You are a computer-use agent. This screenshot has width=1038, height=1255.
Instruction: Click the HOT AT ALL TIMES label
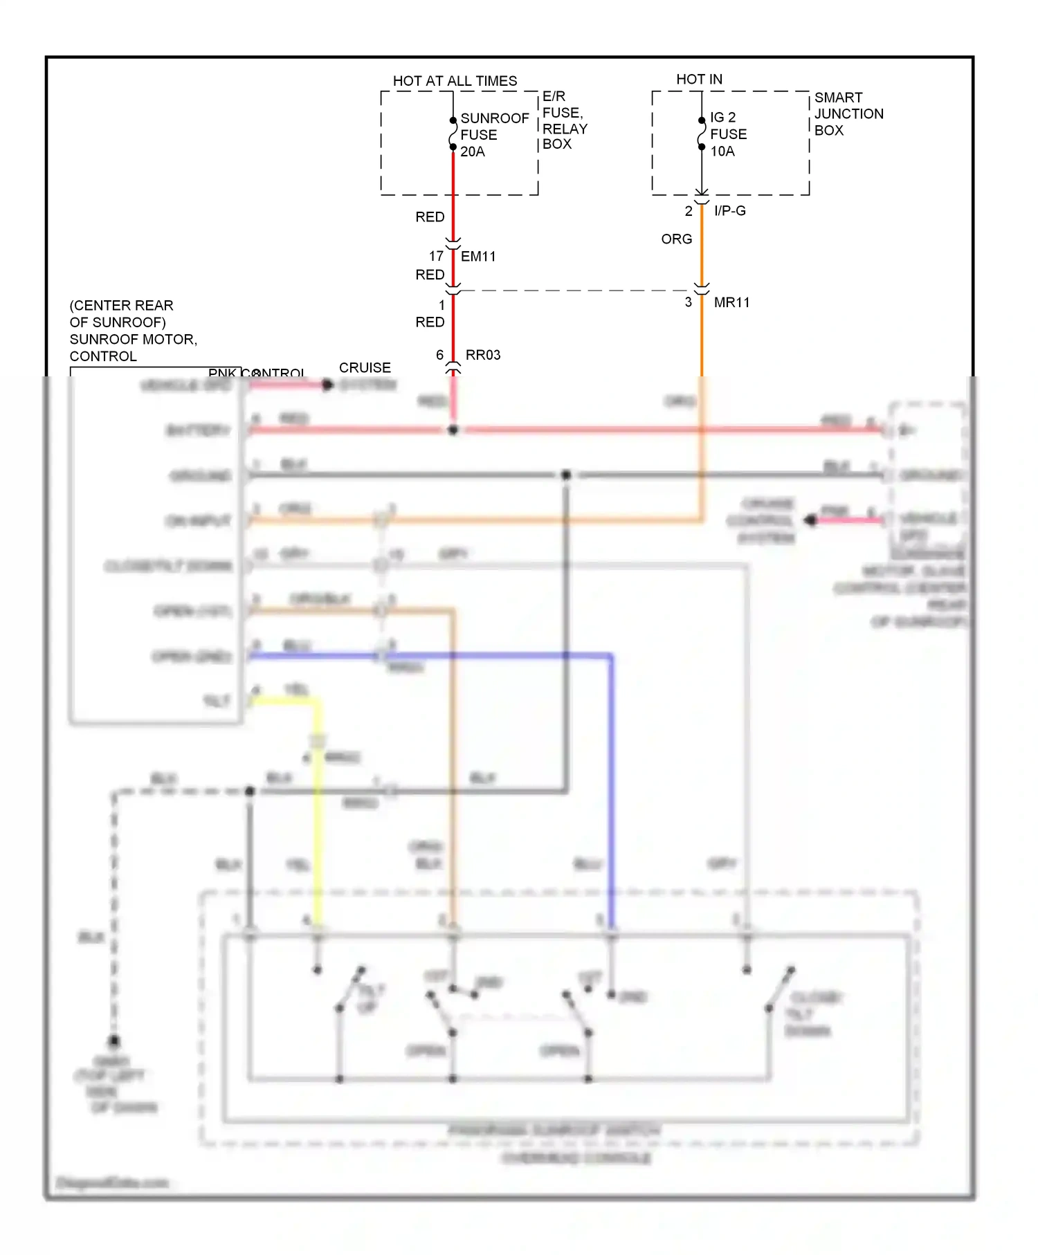455,81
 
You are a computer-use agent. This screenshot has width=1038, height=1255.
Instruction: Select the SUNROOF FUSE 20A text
494,135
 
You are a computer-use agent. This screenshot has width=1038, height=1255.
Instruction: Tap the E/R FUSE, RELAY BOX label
564,120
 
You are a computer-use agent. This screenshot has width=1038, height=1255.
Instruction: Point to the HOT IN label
699,80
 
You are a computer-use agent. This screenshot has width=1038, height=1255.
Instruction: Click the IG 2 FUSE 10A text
728,134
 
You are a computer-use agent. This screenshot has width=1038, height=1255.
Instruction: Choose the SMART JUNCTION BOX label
848,114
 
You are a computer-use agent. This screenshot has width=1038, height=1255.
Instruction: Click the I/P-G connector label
730,211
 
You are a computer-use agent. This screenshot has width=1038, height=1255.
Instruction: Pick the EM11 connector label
478,257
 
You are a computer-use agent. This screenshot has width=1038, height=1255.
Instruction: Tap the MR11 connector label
731,302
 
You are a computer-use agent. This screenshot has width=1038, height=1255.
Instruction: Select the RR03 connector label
483,355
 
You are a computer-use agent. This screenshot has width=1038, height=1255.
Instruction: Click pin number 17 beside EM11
436,256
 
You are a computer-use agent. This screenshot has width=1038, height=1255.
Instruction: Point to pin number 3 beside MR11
688,302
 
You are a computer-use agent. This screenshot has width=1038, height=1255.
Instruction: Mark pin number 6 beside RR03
439,355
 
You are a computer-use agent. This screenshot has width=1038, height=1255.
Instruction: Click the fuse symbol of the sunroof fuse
453,134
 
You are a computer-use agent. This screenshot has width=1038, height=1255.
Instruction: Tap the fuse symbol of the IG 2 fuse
701,133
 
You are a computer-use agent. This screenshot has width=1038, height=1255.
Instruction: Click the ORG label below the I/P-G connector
676,239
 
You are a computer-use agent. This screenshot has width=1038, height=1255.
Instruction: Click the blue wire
611,761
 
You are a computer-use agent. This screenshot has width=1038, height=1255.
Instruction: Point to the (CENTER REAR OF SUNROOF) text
121,314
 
